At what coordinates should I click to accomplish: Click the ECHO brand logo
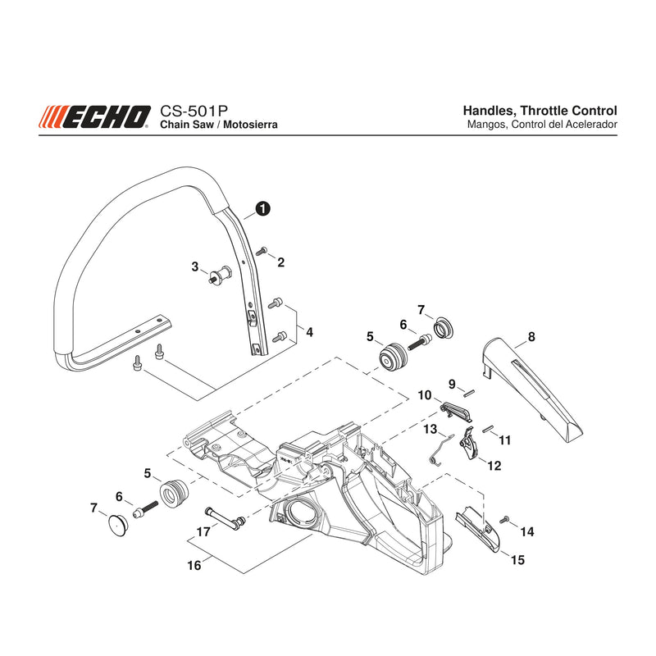click(x=94, y=116)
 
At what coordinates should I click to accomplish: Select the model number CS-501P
click(x=194, y=112)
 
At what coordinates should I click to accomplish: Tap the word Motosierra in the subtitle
click(x=250, y=125)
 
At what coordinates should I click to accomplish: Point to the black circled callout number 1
click(x=262, y=208)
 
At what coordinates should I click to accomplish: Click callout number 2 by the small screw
click(x=280, y=262)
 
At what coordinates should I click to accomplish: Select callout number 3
click(x=195, y=266)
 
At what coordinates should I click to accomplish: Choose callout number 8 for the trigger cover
click(x=531, y=337)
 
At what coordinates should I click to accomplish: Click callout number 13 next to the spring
click(x=430, y=429)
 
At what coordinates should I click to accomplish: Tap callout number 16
click(x=194, y=566)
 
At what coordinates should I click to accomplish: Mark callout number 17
click(x=203, y=532)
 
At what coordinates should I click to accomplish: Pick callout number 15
click(x=517, y=560)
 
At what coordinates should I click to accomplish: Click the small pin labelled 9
click(x=468, y=393)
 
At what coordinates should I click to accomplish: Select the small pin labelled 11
click(x=487, y=429)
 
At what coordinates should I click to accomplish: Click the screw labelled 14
click(x=503, y=520)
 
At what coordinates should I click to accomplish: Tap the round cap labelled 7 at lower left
click(x=117, y=526)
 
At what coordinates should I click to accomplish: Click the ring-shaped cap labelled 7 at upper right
click(x=443, y=327)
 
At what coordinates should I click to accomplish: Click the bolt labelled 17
click(x=225, y=518)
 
